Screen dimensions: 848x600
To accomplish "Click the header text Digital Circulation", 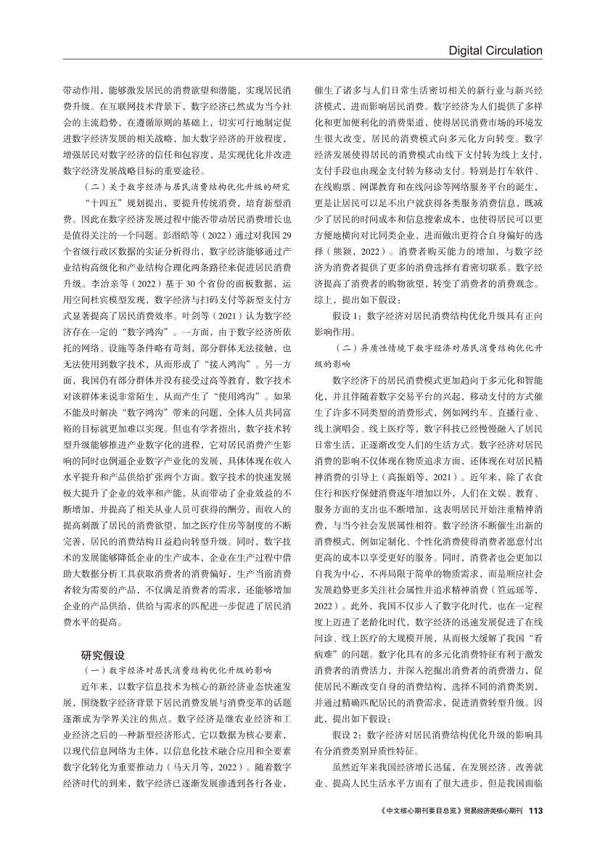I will pyautogui.click(x=496, y=50).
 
